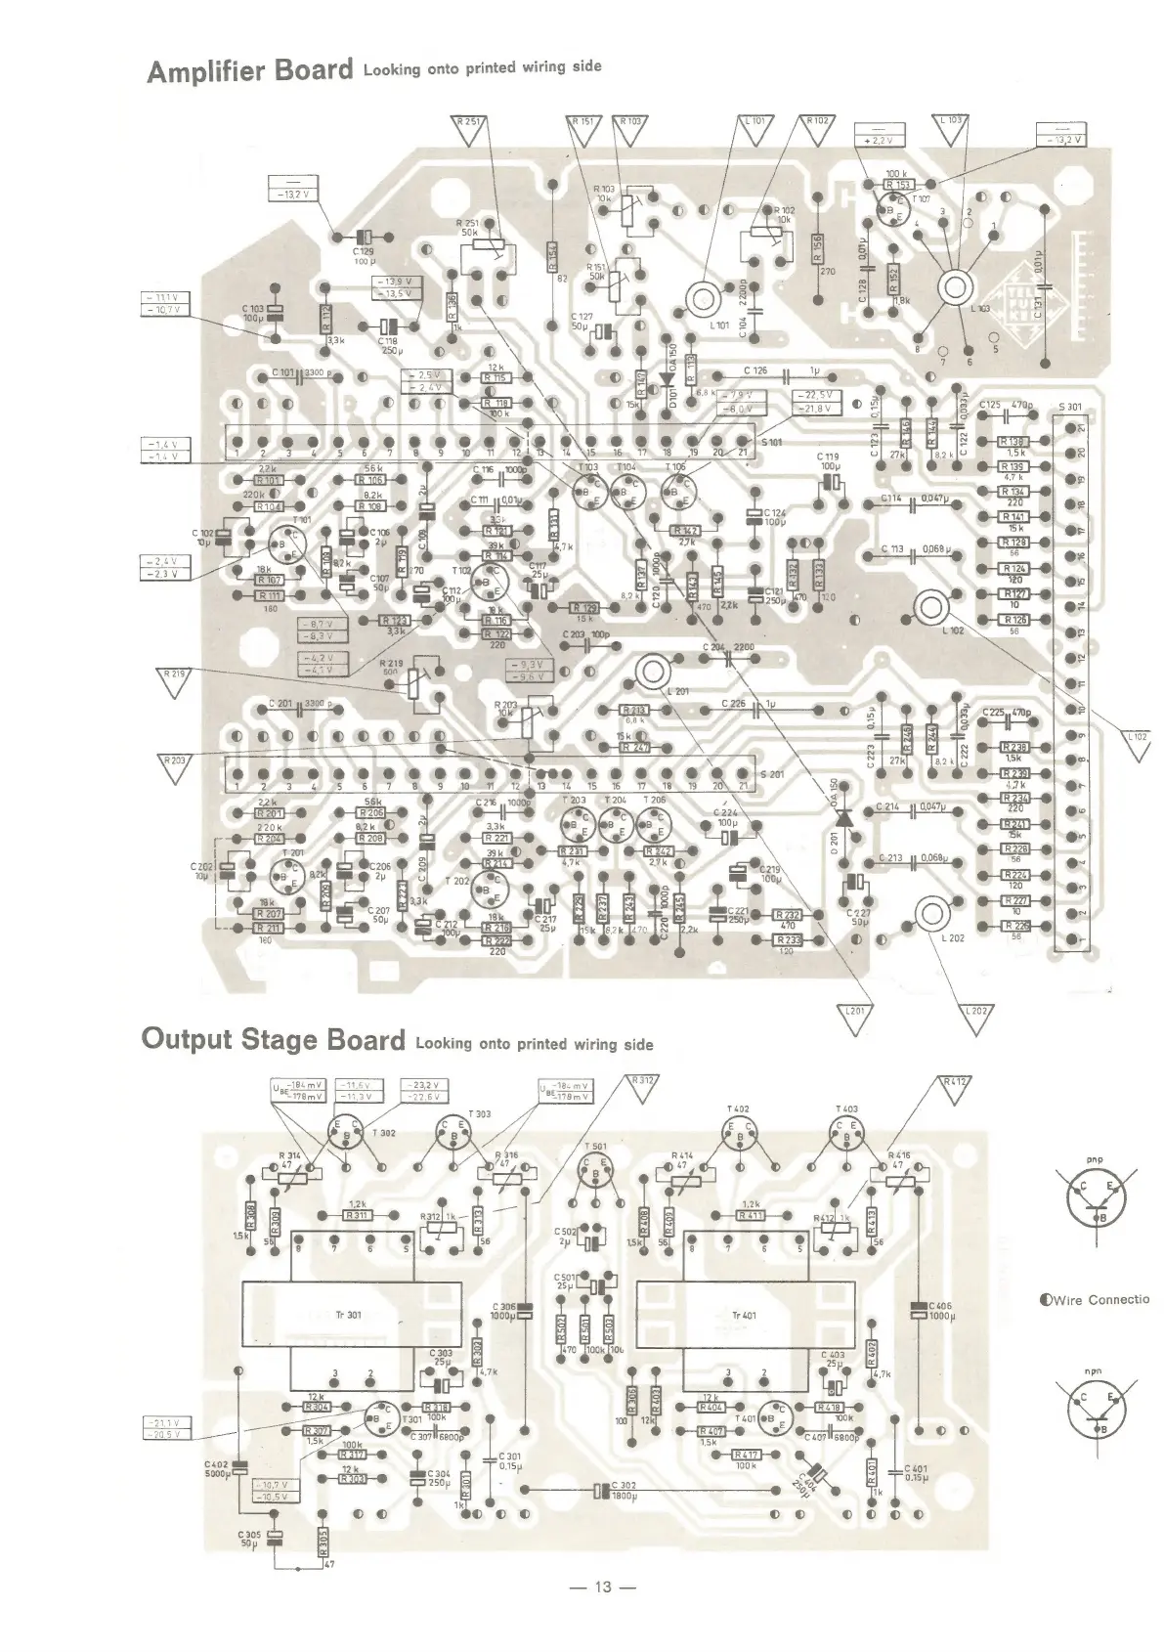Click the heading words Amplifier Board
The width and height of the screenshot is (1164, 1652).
(x=248, y=71)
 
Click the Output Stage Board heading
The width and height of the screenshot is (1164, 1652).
(x=273, y=1038)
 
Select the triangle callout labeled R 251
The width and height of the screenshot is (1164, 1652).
(x=473, y=124)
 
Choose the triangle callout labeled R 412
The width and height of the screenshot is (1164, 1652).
(x=954, y=1085)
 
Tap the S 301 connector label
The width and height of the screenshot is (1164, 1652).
(x=1070, y=407)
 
